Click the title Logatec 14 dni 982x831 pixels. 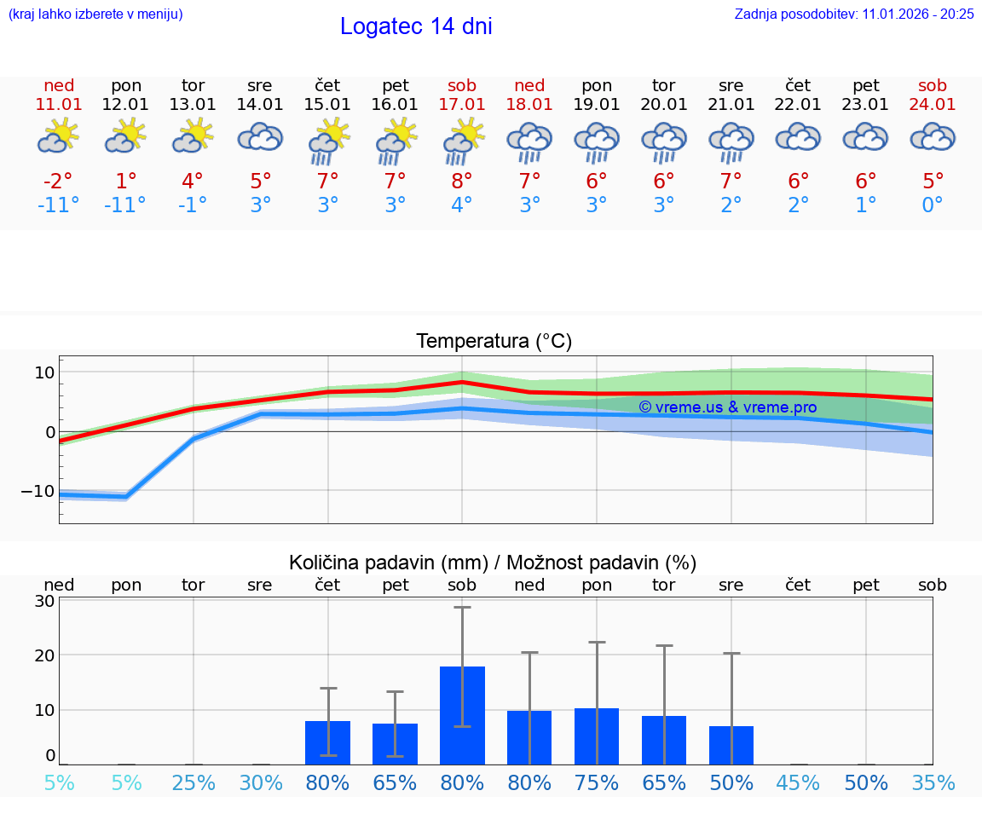coord(416,26)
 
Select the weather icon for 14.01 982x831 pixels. coord(260,137)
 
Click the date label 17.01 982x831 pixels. coord(462,104)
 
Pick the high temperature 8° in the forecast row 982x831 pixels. coord(462,181)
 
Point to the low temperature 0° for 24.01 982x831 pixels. coord(933,205)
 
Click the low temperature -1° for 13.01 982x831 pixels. coord(193,205)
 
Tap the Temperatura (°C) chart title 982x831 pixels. coord(494,342)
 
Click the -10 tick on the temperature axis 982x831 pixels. coord(38,491)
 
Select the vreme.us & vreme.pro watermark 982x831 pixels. coord(727,407)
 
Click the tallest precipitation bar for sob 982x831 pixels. coord(462,715)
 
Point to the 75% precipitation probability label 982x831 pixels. coord(597,782)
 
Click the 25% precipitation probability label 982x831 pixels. coord(194,782)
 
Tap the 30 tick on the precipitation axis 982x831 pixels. coord(44,600)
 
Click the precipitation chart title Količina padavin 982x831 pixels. coord(493,563)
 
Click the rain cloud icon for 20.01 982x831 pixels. coord(664,141)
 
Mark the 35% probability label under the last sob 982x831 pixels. coord(933,782)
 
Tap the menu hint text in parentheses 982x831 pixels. coord(95,14)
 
